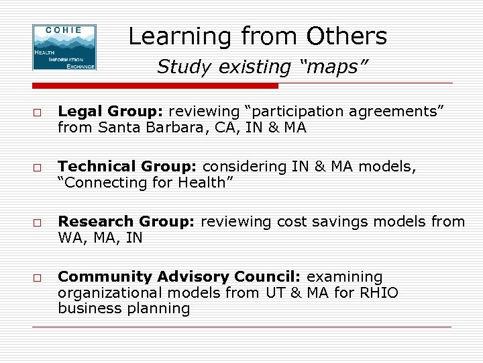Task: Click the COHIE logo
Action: click(64, 47)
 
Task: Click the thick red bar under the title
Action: click(155, 86)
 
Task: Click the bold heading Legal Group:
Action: click(111, 111)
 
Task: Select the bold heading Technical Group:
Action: click(128, 166)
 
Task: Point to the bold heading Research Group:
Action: click(127, 221)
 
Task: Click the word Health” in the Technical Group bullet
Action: click(203, 183)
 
